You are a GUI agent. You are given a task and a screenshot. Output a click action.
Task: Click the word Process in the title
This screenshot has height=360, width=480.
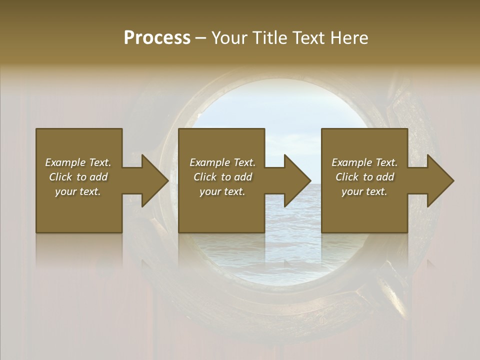click(x=157, y=38)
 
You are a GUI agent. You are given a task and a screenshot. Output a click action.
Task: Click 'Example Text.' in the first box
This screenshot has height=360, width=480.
click(x=78, y=162)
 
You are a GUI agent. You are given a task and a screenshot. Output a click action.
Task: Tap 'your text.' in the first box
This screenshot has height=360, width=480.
click(x=78, y=191)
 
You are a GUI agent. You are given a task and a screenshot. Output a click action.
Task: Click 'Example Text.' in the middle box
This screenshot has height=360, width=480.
click(x=222, y=162)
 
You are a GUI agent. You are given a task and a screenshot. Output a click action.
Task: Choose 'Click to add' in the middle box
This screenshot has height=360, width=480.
click(x=222, y=177)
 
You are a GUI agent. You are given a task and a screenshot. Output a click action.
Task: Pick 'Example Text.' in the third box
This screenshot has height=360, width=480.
click(x=364, y=162)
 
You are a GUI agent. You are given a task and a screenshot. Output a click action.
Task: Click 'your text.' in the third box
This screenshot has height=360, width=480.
click(x=364, y=191)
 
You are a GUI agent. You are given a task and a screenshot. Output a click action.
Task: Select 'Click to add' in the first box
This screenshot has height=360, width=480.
click(x=78, y=177)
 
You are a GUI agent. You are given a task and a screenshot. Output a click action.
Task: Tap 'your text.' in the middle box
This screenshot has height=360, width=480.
click(x=222, y=191)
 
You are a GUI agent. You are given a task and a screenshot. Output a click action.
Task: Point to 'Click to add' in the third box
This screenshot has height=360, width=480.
click(x=364, y=177)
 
